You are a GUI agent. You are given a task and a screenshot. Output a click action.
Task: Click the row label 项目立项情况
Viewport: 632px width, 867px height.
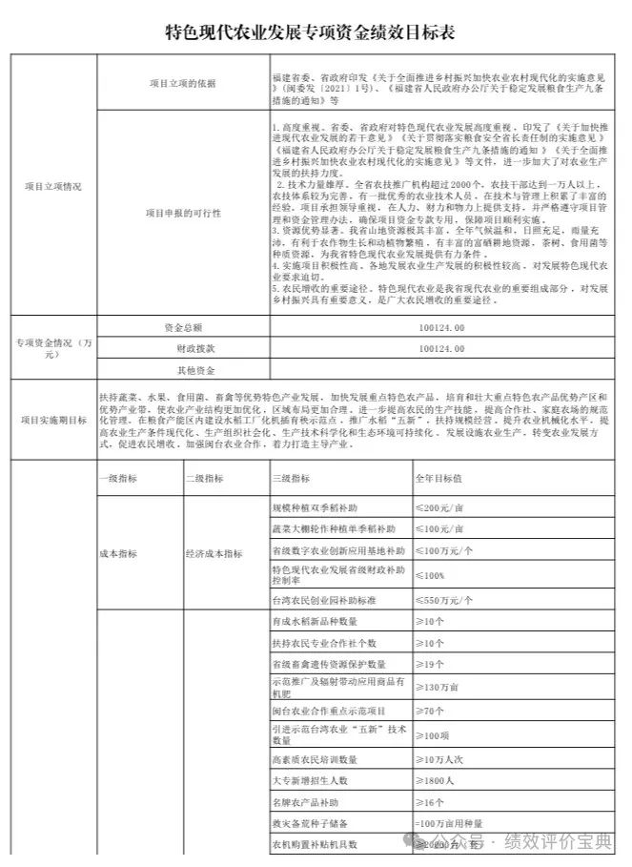pos(52,184)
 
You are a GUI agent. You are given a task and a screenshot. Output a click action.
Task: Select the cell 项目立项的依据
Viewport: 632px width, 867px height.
pos(183,83)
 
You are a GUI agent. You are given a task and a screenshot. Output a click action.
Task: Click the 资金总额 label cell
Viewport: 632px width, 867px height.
pos(183,327)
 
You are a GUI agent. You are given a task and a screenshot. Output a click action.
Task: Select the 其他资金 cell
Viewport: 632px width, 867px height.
pos(183,369)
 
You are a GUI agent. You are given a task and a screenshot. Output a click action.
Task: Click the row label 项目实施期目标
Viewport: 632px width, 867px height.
pos(52,419)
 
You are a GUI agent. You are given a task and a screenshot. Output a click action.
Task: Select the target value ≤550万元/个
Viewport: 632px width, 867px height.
pos(443,602)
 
